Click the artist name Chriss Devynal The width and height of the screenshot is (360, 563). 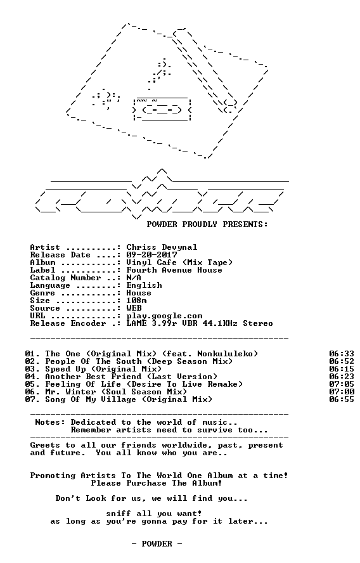pos(162,247)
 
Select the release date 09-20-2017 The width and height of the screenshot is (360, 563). pos(151,255)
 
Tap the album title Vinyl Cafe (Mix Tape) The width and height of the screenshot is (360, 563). pos(179,262)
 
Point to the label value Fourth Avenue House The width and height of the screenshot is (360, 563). pos(174,270)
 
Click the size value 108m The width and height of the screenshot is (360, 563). pos(136,301)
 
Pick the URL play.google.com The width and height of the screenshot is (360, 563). pos(164,316)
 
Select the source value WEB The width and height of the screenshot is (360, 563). pos(134,308)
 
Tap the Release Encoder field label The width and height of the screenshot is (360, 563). pos(68,323)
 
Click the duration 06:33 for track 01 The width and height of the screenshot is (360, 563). pos(342,354)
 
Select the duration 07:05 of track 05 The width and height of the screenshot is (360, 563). pos(342,384)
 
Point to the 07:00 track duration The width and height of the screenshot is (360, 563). pos(342,392)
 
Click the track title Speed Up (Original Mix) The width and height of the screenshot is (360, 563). pos(103,369)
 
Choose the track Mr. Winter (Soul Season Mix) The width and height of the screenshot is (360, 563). pos(116,392)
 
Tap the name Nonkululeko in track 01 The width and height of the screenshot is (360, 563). pos(225,354)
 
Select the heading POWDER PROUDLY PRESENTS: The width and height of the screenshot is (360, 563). pos(207,224)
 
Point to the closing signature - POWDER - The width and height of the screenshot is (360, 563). pos(157,543)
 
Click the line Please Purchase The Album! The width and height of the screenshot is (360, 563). pos(157,483)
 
